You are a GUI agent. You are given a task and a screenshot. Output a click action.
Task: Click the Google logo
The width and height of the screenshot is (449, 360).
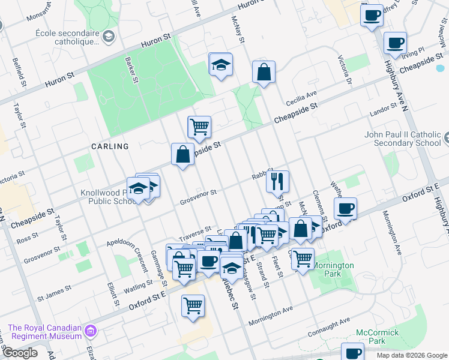20,353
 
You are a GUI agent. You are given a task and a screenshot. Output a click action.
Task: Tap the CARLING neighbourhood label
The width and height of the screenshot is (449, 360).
110,146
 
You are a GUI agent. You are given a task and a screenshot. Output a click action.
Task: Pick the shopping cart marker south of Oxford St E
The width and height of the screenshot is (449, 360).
193,305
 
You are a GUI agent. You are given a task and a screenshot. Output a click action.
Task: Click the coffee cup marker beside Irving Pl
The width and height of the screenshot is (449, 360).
395,43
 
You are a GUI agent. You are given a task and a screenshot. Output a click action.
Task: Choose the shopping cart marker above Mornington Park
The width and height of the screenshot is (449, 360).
303,258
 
